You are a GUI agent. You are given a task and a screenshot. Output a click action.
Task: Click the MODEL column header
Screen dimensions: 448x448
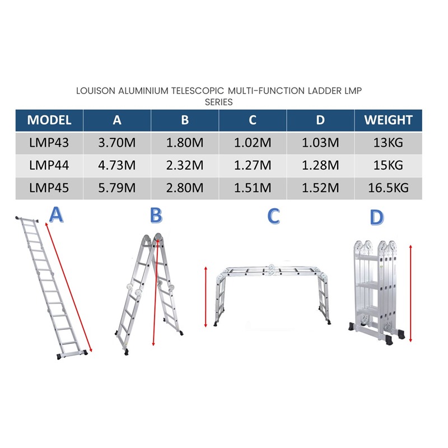coord(49,120)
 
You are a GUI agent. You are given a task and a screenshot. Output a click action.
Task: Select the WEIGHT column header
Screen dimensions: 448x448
coord(388,120)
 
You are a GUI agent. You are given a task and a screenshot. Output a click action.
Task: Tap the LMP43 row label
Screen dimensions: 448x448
coord(49,143)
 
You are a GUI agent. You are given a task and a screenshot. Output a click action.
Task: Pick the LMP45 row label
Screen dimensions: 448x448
coord(49,188)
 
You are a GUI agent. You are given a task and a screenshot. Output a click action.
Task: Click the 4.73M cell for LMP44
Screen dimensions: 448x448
coord(117,165)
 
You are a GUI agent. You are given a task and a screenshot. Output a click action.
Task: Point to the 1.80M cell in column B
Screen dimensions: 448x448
coord(185,143)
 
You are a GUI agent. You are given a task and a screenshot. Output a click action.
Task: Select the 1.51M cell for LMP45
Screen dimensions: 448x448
coord(253,188)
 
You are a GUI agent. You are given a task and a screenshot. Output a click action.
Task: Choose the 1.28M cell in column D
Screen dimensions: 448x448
coord(320,165)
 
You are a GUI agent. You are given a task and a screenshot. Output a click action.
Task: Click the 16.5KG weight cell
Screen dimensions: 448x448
coord(388,188)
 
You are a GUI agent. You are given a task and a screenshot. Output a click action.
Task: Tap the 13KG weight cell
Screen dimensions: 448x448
coord(388,143)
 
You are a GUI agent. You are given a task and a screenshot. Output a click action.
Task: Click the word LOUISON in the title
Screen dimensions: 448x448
coord(96,91)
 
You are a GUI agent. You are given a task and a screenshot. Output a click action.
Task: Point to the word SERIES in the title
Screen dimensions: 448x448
coord(219,102)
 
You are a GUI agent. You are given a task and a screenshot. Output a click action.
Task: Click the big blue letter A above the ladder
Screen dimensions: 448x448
coord(56,215)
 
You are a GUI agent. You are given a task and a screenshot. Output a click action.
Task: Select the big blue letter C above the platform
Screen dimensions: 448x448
coord(273,216)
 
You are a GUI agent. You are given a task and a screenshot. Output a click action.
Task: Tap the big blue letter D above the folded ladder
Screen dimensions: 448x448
coord(376,217)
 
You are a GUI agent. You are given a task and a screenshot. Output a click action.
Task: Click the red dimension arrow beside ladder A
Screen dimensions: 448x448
coord(68,287)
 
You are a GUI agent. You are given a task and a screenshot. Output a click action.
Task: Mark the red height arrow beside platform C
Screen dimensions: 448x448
coord(206,297)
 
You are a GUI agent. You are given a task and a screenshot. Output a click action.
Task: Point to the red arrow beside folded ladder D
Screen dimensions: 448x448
coord(410,293)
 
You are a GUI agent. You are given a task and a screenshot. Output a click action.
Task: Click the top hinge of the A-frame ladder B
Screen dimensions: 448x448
coord(152,239)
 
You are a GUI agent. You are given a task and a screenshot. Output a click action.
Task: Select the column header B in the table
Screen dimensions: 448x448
coord(185,120)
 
